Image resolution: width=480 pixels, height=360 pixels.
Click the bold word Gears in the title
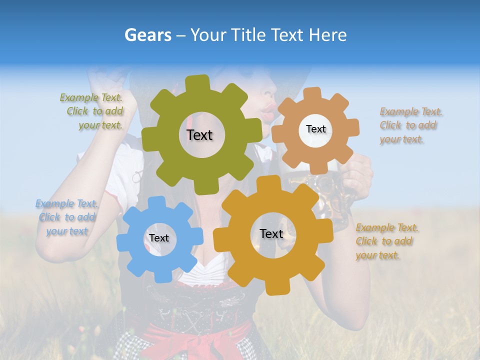(148, 35)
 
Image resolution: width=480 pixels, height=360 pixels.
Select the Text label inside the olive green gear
(199, 135)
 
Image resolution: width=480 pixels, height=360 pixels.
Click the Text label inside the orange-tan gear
(315, 129)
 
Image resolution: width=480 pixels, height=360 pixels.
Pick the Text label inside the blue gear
(159, 238)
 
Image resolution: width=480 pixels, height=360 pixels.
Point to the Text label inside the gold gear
(271, 234)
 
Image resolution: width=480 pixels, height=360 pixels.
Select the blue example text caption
(67, 217)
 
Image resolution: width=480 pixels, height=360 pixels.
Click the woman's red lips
(269, 107)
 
